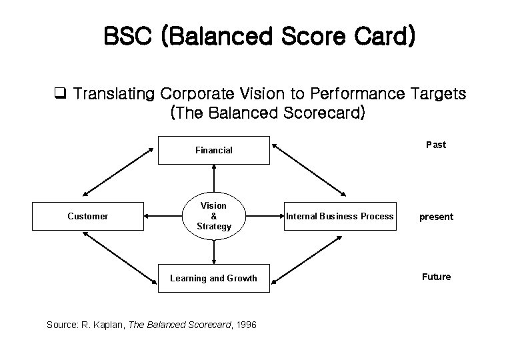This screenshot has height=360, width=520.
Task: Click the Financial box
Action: (x=213, y=150)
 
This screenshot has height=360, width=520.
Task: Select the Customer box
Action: (x=87, y=216)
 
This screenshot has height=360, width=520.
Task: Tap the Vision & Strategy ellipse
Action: (x=213, y=216)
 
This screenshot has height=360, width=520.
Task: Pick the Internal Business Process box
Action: (x=340, y=216)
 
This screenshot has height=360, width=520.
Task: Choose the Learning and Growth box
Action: (x=213, y=278)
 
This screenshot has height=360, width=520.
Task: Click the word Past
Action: (x=435, y=145)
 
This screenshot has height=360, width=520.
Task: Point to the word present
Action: (x=435, y=217)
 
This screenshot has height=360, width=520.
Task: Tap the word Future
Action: (x=435, y=277)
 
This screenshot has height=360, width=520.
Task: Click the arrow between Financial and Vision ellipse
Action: (x=213, y=179)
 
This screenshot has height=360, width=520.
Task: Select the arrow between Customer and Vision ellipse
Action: (x=163, y=216)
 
